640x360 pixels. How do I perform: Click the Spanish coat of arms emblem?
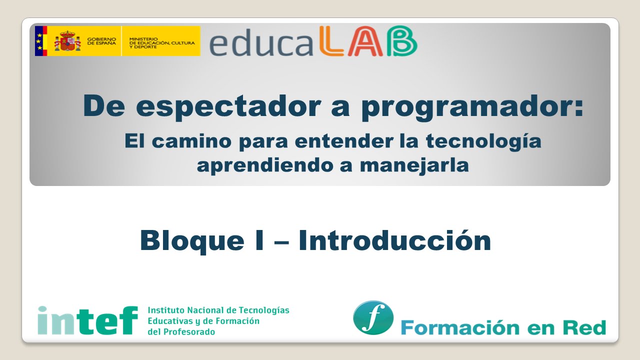coord(67,41)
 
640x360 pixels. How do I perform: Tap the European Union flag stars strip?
coord(38,41)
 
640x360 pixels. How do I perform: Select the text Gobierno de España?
coord(101,41)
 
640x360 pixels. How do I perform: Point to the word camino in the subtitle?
coord(191,141)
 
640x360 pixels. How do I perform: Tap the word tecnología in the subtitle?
coord(483,141)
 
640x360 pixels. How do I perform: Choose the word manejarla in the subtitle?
coord(414,164)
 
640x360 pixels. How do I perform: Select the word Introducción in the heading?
coord(394,240)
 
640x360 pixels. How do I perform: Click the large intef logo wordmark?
coord(87,320)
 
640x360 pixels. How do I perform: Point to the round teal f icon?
coord(373,317)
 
